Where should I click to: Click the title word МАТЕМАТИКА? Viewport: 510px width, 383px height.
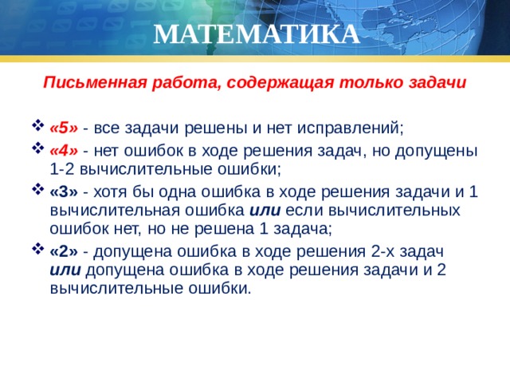coord(255,34)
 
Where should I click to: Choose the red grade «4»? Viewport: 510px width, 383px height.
coord(64,151)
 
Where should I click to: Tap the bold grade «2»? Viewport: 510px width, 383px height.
coord(64,251)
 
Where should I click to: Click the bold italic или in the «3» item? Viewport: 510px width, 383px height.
coord(265,211)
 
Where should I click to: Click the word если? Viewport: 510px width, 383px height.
coord(304,211)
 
